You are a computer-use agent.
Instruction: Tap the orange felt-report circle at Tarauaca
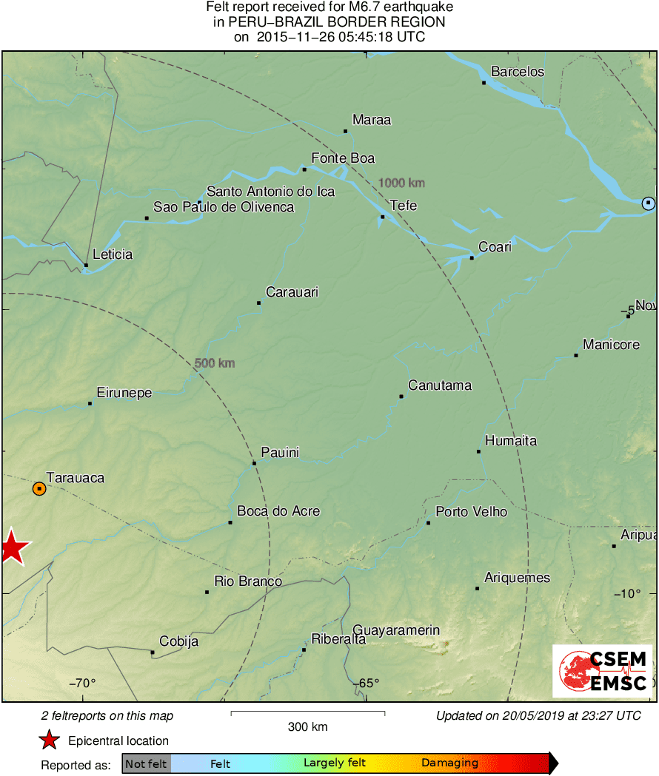pyautogui.click(x=39, y=488)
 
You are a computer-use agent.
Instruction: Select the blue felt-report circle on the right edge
pyautogui.click(x=649, y=203)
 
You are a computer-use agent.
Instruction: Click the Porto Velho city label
pyautogui.click(x=471, y=512)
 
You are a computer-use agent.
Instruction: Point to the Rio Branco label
pyautogui.click(x=247, y=581)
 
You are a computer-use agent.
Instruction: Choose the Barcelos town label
pyautogui.click(x=518, y=72)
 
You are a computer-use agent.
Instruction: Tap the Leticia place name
pyautogui.click(x=113, y=254)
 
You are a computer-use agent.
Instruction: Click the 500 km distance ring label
pyautogui.click(x=215, y=363)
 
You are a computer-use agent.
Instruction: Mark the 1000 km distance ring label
pyautogui.click(x=401, y=183)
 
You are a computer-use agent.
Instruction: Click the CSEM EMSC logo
pyautogui.click(x=602, y=671)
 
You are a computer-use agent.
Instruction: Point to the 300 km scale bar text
pyautogui.click(x=307, y=727)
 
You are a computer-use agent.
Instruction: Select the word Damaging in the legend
pyautogui.click(x=449, y=763)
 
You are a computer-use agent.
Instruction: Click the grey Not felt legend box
pyautogui.click(x=146, y=763)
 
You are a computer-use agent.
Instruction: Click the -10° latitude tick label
pyautogui.click(x=629, y=593)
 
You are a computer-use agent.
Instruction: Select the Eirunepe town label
pyautogui.click(x=124, y=393)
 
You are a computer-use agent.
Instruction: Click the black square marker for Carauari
pyautogui.click(x=259, y=303)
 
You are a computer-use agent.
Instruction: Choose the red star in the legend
pyautogui.click(x=49, y=740)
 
